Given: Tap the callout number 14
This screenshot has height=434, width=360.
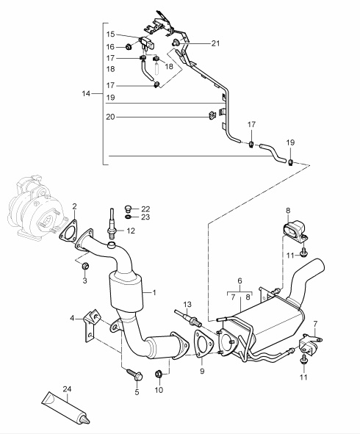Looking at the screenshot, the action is pyautogui.click(x=86, y=93).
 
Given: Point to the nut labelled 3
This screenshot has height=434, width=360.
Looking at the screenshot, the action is pyautogui.click(x=85, y=266).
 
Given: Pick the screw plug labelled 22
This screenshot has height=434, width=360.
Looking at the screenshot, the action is pyautogui.click(x=128, y=208).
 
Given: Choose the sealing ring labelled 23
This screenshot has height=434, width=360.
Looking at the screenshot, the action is pyautogui.click(x=129, y=217).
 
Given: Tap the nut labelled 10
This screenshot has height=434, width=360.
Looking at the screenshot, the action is pyautogui.click(x=158, y=375).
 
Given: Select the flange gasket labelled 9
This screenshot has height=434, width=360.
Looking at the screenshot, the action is pyautogui.click(x=204, y=344).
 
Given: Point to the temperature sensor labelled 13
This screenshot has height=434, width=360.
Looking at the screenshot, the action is pyautogui.click(x=188, y=318).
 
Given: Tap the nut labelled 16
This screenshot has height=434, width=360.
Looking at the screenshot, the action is pyautogui.click(x=129, y=47).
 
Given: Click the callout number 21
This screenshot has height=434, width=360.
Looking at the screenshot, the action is pyautogui.click(x=215, y=43).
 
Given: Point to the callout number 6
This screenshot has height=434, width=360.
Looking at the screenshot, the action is pyautogui.click(x=240, y=281).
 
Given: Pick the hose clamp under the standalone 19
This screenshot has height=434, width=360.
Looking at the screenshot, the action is pyautogui.click(x=290, y=162).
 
